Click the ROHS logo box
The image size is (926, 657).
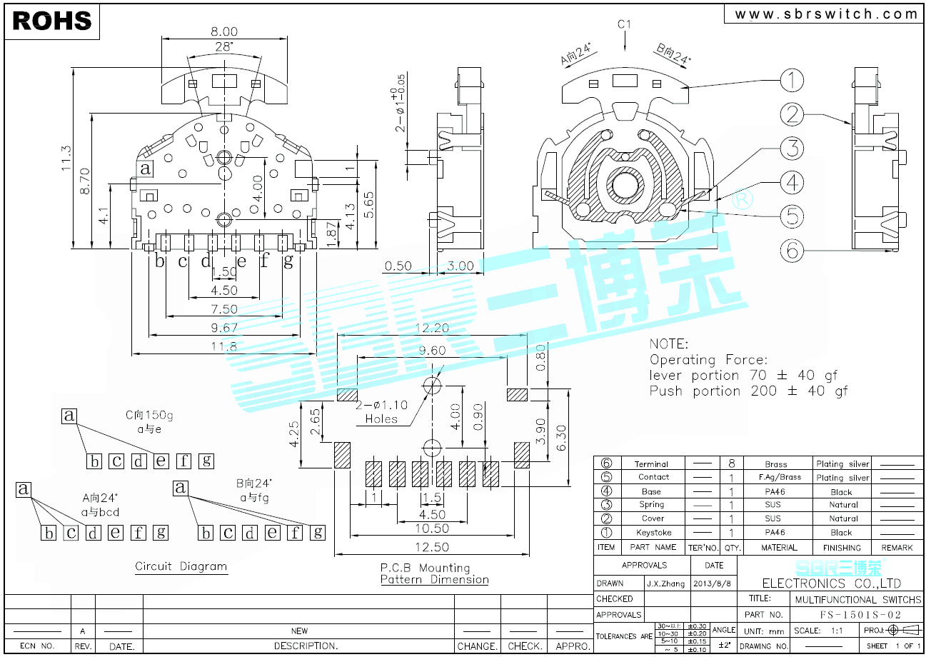click(x=52, y=21)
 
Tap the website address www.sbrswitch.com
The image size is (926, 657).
click(x=826, y=14)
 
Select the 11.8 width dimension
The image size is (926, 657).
click(x=223, y=346)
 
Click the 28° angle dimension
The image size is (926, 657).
click(x=223, y=47)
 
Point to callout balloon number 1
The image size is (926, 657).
click(x=790, y=81)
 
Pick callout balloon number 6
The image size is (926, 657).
click(x=790, y=250)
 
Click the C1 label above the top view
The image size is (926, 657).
click(x=624, y=24)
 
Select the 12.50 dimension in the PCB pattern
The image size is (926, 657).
click(x=431, y=547)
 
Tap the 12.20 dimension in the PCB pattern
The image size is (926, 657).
click(x=431, y=328)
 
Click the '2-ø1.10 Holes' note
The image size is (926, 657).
click(x=381, y=412)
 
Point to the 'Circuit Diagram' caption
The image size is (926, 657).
click(x=181, y=566)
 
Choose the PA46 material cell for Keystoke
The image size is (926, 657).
click(x=775, y=532)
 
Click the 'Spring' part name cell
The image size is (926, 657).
click(x=651, y=505)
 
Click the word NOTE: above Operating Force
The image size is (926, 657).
click(x=669, y=343)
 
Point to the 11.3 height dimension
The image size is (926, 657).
click(x=66, y=158)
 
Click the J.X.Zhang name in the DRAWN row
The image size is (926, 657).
click(x=665, y=583)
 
